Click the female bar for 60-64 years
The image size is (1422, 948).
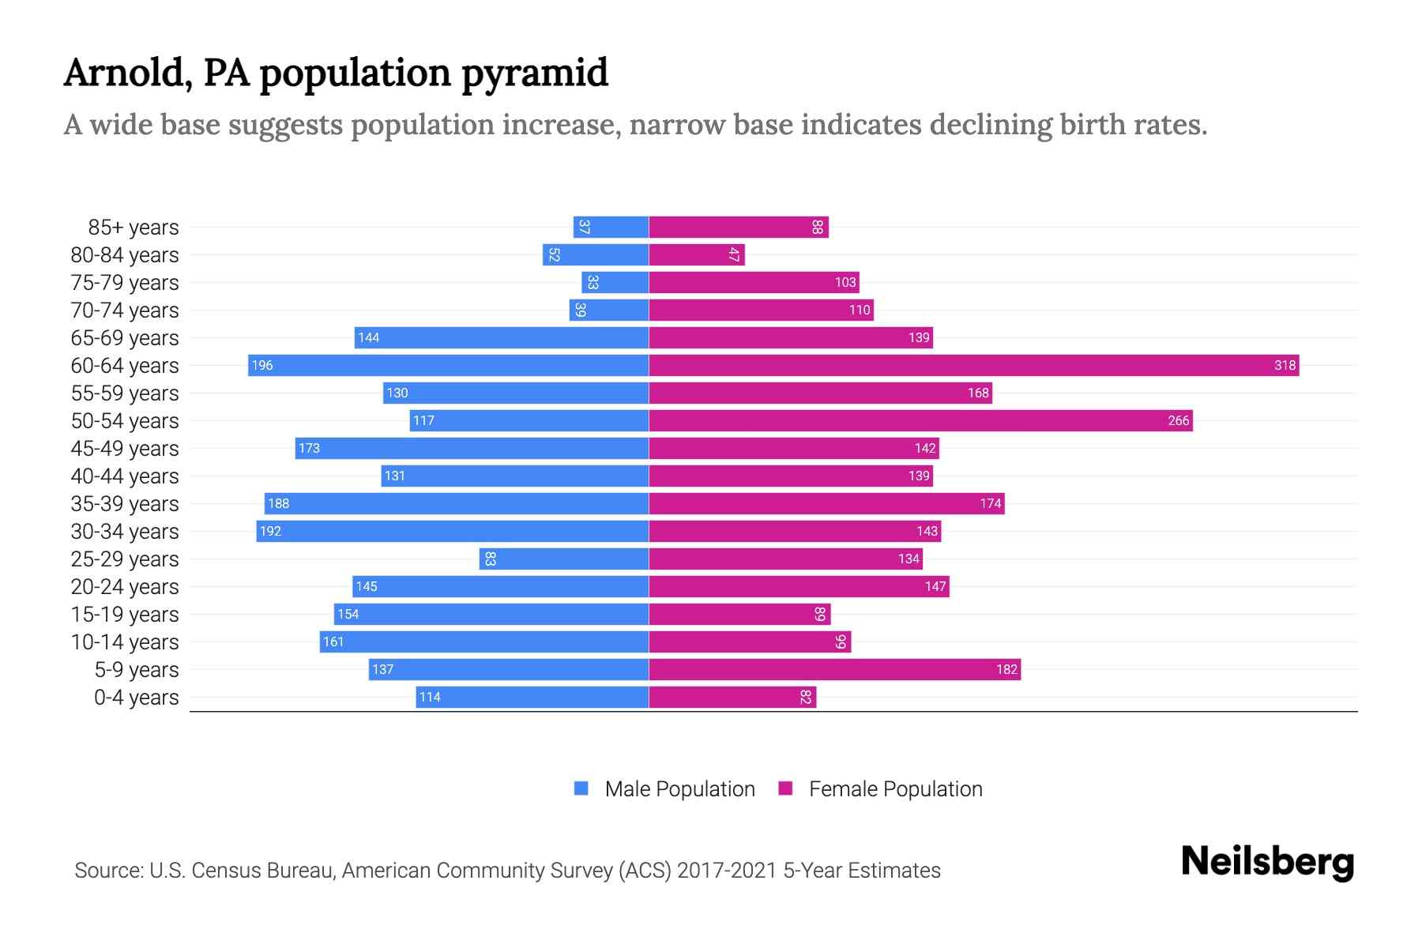click(x=973, y=365)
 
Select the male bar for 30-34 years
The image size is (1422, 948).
click(x=452, y=531)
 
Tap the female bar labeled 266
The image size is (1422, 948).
click(x=920, y=420)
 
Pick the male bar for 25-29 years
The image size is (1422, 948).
click(x=563, y=559)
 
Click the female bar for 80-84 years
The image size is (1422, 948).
click(x=696, y=254)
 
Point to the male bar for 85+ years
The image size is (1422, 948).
click(x=611, y=227)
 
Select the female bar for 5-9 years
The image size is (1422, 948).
click(x=834, y=669)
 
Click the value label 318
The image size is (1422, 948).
click(x=1285, y=365)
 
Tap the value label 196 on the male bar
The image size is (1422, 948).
click(x=262, y=365)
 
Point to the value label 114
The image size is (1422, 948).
click(x=430, y=697)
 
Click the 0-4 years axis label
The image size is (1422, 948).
click(x=136, y=697)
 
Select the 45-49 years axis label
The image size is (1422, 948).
click(x=125, y=448)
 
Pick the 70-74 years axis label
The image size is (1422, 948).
click(x=125, y=310)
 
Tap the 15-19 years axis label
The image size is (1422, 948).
click(x=125, y=614)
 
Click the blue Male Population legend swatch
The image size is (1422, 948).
click(x=581, y=788)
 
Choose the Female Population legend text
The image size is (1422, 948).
click(x=895, y=788)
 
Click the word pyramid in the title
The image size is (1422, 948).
click(x=535, y=73)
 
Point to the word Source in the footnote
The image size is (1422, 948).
click(x=108, y=870)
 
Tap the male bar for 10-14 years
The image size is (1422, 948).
click(x=483, y=641)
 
